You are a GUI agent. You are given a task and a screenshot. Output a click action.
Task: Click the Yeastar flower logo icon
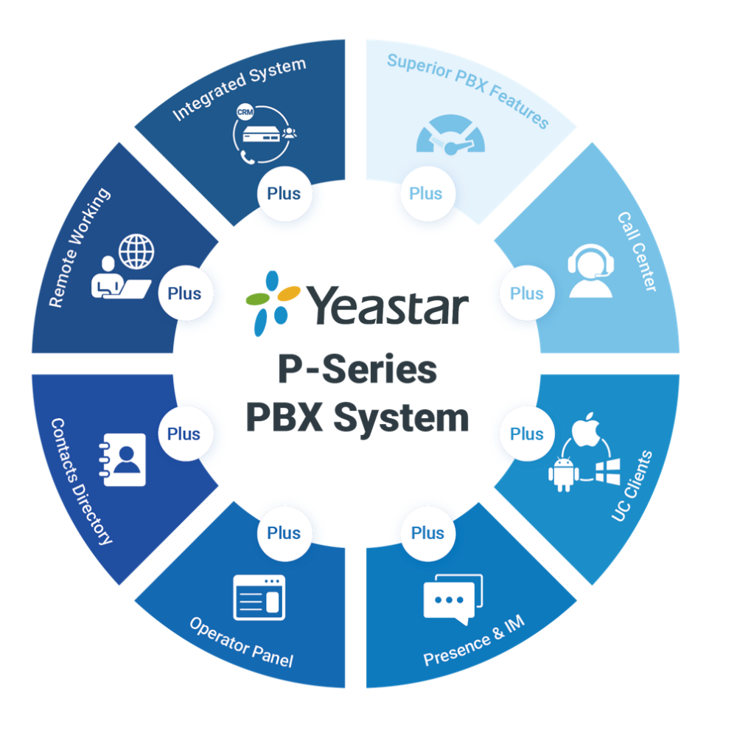pos(272,302)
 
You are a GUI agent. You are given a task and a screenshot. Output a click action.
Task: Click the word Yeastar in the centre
pos(387,305)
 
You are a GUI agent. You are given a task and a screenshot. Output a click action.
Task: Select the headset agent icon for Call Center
pos(591,270)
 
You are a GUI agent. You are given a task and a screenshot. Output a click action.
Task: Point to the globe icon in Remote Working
pos(137,252)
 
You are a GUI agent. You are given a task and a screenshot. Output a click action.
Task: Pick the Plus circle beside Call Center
pos(526,293)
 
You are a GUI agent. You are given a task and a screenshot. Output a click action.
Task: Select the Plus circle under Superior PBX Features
pos(425,194)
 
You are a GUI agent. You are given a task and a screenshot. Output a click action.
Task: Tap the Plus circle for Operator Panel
pos(284,532)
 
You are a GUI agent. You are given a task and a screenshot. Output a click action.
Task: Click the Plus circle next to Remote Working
pos(184,293)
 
